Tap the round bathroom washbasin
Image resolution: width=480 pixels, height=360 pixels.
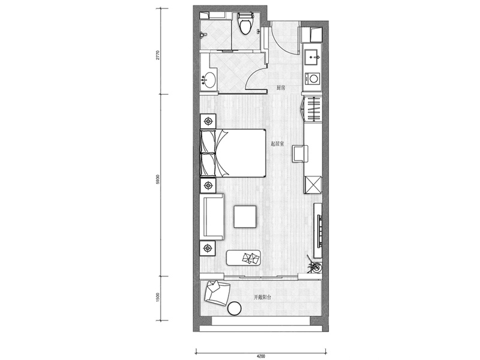pyautogui.click(x=209, y=80)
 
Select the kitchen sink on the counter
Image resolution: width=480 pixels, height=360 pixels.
pyautogui.click(x=313, y=57)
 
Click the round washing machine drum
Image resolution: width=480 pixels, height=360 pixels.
pyautogui.click(x=313, y=79)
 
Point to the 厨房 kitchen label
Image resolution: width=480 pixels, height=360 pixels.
pyautogui.click(x=281, y=88)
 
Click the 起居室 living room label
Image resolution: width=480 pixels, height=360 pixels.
pyautogui.click(x=277, y=143)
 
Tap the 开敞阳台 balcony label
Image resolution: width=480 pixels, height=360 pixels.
pyautogui.click(x=262, y=297)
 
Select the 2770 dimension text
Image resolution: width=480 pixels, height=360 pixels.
pyautogui.click(x=158, y=55)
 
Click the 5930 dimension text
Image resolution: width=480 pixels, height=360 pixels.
pyautogui.click(x=158, y=179)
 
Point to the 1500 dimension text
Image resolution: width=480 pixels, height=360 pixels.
pyautogui.click(x=158, y=298)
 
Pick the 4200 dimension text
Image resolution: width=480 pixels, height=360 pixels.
pyautogui.click(x=261, y=356)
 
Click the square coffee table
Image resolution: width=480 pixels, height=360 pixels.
pyautogui.click(x=245, y=217)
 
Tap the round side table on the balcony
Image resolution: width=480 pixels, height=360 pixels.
pyautogui.click(x=235, y=308)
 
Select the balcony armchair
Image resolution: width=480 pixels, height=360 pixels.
pyautogui.click(x=217, y=293)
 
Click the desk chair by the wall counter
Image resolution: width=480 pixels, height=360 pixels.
pyautogui.click(x=300, y=154)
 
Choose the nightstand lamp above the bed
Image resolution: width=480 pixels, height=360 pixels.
pyautogui.click(x=208, y=121)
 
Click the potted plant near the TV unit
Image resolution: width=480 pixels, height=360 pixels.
pyautogui.click(x=315, y=266)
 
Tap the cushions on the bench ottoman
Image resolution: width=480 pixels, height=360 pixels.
pyautogui.click(x=250, y=258)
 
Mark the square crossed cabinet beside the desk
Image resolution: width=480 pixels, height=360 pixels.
pyautogui.click(x=313, y=185)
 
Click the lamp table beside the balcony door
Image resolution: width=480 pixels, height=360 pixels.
pyautogui.click(x=208, y=248)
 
